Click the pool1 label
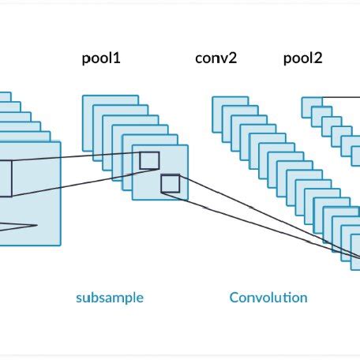tap(102, 58)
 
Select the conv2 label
tap(216, 58)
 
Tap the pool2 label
tap(303, 58)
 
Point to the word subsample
tap(110, 298)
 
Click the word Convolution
tap(268, 298)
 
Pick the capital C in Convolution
tap(234, 298)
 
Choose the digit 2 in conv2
tap(233, 58)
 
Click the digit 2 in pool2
tap(320, 58)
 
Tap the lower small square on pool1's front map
tap(170, 185)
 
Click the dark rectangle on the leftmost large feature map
tap(5, 178)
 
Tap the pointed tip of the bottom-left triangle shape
tap(36, 226)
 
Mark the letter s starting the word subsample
tap(79, 298)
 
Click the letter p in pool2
tap(287, 60)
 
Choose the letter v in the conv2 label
tap(224, 59)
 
